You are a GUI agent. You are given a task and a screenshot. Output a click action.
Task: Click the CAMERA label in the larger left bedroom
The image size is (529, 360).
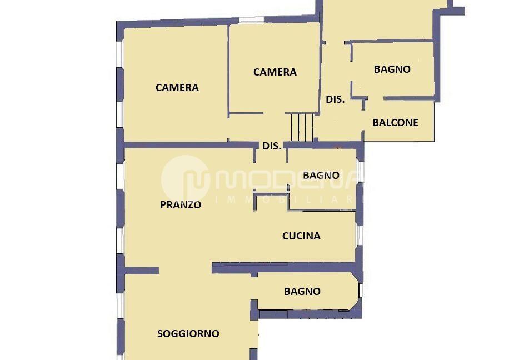click(177, 88)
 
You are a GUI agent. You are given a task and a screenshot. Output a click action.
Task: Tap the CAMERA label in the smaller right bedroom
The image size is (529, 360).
click(275, 72)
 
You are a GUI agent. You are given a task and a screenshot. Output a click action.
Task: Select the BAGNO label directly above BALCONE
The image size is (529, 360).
click(392, 69)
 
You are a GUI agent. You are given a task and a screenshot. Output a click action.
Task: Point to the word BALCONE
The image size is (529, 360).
click(396, 122)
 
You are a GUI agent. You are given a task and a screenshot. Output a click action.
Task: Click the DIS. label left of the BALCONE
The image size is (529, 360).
click(336, 99)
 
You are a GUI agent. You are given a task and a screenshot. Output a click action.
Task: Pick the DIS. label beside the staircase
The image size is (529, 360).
click(272, 146)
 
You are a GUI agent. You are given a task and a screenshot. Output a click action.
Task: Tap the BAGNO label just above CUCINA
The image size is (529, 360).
click(321, 176)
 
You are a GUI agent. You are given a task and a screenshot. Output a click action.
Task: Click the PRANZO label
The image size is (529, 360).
click(181, 205)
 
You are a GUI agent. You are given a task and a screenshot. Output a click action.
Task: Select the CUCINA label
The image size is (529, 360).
click(301, 236)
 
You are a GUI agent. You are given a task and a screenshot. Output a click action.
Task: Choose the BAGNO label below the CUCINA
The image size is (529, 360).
click(302, 292)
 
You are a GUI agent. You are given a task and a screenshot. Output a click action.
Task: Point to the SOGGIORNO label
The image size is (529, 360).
click(188, 334)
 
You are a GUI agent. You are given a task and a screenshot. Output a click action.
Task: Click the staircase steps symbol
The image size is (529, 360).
click(302, 128)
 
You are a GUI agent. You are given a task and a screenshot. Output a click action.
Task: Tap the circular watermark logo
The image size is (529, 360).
click(185, 179)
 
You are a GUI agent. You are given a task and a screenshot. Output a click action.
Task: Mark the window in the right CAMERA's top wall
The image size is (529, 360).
click(251, 19)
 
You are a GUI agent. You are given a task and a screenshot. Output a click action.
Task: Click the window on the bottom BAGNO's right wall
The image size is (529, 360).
click(360, 290)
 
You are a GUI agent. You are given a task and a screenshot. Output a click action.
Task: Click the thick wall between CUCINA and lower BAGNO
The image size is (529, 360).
click(287, 268)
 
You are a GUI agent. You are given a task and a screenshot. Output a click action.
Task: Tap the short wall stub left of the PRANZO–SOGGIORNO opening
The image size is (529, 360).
click(142, 271)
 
